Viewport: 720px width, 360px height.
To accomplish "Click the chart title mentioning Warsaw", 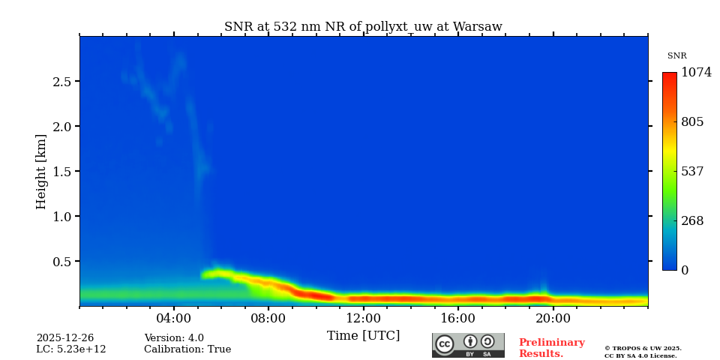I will tap(363, 27).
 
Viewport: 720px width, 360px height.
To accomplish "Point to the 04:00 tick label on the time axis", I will tap(174, 317).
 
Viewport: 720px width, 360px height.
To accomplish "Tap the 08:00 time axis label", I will tap(268, 317).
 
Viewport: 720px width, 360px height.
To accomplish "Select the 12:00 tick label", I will tap(363, 317).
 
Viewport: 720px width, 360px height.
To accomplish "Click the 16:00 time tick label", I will tap(458, 317).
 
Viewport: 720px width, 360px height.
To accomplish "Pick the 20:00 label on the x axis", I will tap(553, 317).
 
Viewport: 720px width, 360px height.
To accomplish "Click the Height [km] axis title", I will tap(41, 172).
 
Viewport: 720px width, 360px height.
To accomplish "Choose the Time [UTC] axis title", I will tap(363, 335).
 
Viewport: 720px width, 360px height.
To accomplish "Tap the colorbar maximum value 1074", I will tap(696, 73).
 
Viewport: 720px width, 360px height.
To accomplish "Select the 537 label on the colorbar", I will tap(692, 172).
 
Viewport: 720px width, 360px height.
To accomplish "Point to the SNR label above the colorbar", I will tap(676, 56).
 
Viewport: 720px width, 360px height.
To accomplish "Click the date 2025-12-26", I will tap(65, 338).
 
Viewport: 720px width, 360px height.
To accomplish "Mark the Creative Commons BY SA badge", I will tap(468, 345).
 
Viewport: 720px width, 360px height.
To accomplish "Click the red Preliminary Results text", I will tap(551, 348).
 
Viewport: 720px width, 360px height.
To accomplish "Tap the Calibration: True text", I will tap(187, 349).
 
